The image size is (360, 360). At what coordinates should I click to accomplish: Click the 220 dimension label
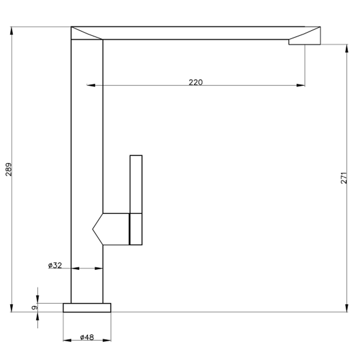pos(196,82)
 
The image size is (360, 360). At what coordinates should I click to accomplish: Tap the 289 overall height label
pos(9,169)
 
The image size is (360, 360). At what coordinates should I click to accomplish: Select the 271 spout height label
pos(344,178)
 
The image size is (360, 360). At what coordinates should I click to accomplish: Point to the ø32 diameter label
pos(55,265)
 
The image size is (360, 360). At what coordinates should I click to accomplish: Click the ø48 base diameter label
pos(87,337)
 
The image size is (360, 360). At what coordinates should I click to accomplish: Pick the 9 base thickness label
pos(34,308)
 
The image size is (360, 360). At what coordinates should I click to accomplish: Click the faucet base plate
pos(87,308)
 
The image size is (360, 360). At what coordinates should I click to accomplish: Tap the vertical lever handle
pos(136,200)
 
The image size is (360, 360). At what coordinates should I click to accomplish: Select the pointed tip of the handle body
pos(93,229)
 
